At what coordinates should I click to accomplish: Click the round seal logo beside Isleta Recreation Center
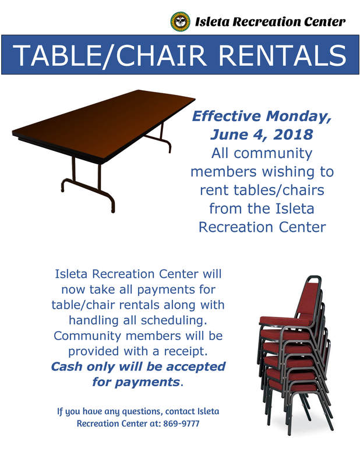coord(180,22)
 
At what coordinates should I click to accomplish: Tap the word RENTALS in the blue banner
coord(282,55)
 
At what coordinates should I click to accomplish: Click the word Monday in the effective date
coord(298,116)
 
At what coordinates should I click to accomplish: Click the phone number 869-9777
coord(181,423)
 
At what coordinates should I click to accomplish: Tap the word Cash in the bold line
coord(67,366)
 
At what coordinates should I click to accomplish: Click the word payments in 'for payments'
coord(147,382)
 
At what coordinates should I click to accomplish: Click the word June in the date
coord(229,135)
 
